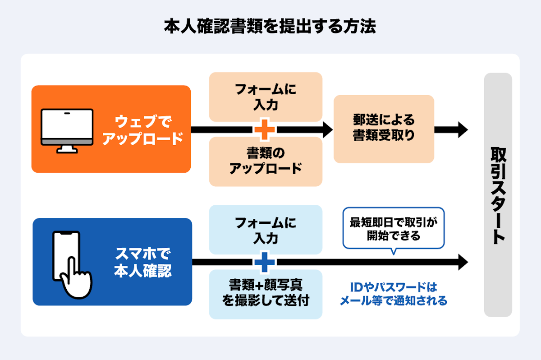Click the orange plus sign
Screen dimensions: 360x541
click(x=265, y=129)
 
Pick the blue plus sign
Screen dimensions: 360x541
click(x=265, y=262)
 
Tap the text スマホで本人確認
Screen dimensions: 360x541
click(x=143, y=263)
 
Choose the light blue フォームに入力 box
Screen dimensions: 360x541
click(x=266, y=230)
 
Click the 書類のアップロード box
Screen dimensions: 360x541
click(x=266, y=162)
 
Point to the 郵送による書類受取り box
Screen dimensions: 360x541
click(x=384, y=129)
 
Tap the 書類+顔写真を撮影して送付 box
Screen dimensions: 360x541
click(x=266, y=294)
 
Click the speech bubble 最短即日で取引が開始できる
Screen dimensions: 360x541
click(x=394, y=228)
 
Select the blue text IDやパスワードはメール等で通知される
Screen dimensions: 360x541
click(x=393, y=294)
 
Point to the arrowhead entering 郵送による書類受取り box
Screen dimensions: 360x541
click(x=327, y=129)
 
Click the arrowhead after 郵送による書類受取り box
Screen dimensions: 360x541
click(x=462, y=129)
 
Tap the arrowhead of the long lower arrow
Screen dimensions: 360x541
click(x=463, y=262)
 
